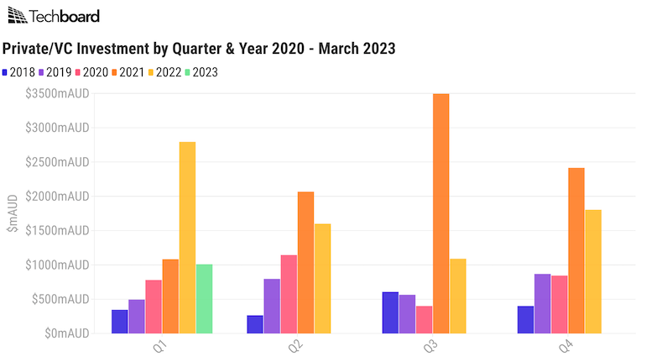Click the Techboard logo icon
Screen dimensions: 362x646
pos(16,16)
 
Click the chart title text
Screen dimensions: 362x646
pos(200,49)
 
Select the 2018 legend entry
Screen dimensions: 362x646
pos(21,72)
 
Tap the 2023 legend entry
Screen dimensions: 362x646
pos(201,72)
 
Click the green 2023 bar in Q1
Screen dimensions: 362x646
pos(204,299)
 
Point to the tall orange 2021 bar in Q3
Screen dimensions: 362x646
pos(440,213)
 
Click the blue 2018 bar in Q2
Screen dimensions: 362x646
pos(255,324)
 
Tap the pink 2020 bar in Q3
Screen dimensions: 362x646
pos(424,320)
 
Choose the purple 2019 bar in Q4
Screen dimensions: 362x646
pos(542,304)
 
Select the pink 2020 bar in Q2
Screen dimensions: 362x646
pos(289,294)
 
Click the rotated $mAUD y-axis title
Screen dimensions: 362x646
pos(12,213)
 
